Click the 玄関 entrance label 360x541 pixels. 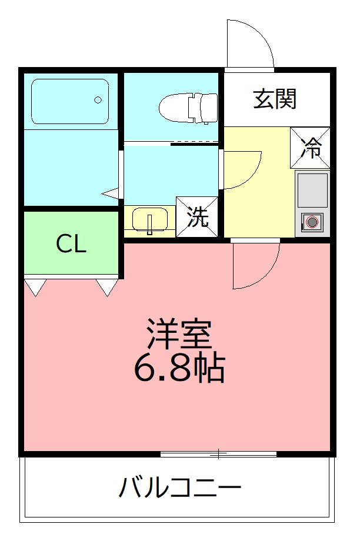coord(274,99)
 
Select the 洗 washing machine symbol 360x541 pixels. coord(198,217)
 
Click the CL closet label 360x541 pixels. coord(71,244)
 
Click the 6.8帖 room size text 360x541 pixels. coord(179,368)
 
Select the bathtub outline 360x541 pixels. coord(70,101)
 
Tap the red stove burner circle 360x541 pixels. coord(312,222)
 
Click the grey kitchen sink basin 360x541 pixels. coord(312,191)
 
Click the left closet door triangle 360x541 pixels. coord(35,286)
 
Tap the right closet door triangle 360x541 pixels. coord(106,286)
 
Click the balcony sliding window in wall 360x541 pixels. coord(218,453)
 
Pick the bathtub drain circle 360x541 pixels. coord(99,100)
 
